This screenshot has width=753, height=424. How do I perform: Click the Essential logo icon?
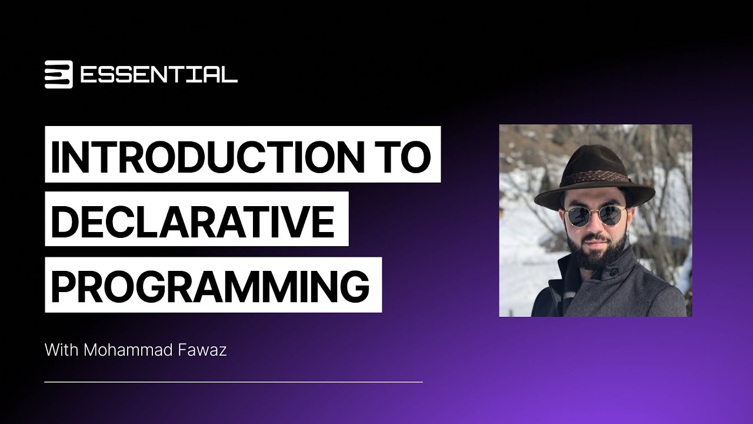point(58,75)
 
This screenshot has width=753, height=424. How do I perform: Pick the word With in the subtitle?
point(61,350)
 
